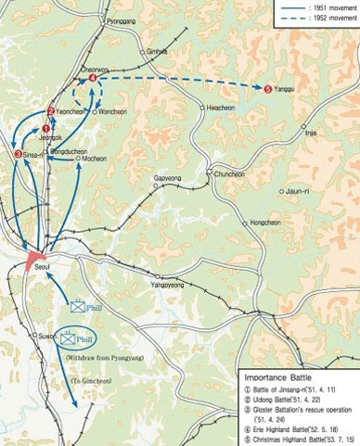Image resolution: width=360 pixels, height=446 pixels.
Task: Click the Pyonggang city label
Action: [121, 19]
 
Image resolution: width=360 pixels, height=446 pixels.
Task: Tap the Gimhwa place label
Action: [158, 52]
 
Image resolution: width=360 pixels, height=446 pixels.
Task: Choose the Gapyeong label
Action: [167, 177]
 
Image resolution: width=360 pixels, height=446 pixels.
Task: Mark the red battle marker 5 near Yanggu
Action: [268, 89]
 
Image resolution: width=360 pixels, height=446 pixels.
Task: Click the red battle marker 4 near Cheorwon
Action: [93, 79]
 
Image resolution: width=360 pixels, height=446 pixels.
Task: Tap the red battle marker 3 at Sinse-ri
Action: [18, 154]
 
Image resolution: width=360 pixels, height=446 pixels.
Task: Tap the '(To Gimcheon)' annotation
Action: [89, 382]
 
